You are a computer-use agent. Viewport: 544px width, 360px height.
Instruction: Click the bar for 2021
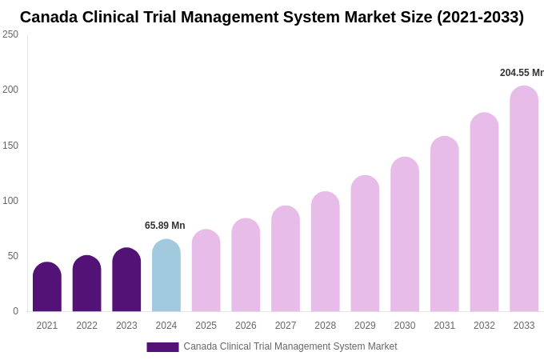coord(47,287)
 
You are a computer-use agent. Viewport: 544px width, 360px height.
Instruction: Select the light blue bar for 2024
coord(166,276)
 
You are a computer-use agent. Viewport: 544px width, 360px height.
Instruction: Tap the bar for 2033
coord(524,199)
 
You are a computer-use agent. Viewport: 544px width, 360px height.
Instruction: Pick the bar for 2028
coord(326,252)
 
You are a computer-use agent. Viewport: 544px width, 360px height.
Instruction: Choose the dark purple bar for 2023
coord(126,280)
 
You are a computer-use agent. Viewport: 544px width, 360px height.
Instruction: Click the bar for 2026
coord(246,266)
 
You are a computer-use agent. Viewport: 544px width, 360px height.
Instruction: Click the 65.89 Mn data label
coord(165,226)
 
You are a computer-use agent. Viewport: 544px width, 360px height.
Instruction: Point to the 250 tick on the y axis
coord(10,34)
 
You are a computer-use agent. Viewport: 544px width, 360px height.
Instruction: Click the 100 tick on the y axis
coord(10,201)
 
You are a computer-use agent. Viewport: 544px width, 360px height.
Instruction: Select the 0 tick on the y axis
coord(15,311)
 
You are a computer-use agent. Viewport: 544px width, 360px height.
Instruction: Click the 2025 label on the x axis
coord(206,326)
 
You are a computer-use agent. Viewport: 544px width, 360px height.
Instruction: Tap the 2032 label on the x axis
coord(484,326)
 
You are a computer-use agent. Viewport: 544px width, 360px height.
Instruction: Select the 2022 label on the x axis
coord(86,326)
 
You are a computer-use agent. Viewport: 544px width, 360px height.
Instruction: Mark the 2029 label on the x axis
coord(365,326)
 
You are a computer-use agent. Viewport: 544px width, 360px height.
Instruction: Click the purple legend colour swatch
coord(162,347)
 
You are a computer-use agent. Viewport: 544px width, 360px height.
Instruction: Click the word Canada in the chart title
coord(48,17)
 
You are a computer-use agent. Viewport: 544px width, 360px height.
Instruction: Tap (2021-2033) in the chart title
coord(480,17)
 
